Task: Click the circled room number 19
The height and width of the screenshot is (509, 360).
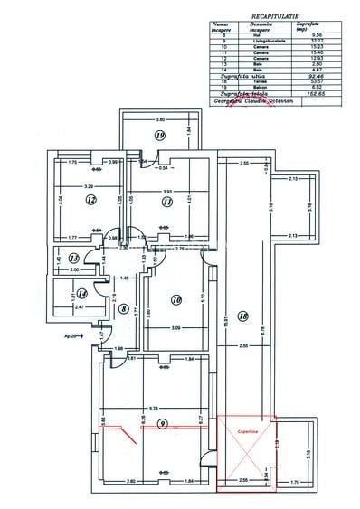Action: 159,135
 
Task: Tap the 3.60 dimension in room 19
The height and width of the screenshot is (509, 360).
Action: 160,120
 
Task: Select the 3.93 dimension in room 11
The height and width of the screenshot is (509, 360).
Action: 166,191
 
